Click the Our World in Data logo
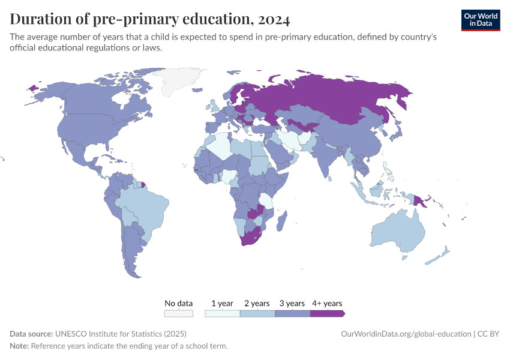coord(480,20)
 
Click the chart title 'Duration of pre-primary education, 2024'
coord(150,20)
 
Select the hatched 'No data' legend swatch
coord(179,313)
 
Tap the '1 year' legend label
coord(222,303)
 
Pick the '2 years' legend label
coord(257,303)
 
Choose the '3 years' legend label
coord(292,303)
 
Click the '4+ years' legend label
coord(327,303)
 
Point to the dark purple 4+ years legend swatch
coord(327,313)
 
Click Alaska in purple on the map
coord(32,88)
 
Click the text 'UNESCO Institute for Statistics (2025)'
coord(121,334)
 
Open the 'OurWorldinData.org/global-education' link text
coord(405,334)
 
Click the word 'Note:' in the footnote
coord(19,346)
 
